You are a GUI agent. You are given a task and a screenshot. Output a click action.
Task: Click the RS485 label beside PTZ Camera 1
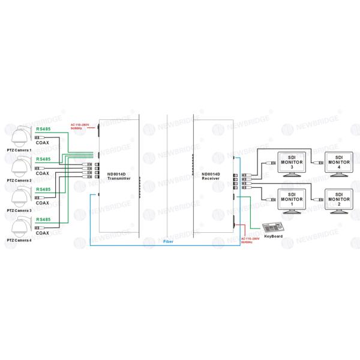click(x=43, y=128)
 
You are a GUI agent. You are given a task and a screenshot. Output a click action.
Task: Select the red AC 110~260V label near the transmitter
click(x=80, y=126)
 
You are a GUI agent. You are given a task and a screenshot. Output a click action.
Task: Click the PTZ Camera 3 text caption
click(x=19, y=211)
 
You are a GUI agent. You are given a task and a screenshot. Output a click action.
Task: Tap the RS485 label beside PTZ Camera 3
click(x=43, y=190)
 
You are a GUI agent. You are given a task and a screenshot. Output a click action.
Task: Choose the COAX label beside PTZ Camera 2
click(x=43, y=172)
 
